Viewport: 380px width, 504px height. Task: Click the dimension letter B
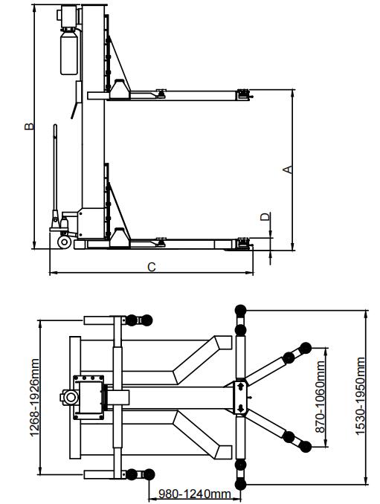(29, 126)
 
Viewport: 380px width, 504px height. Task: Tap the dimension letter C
(152, 267)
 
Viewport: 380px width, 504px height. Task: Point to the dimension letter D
(265, 217)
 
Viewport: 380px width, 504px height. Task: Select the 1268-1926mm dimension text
(34, 397)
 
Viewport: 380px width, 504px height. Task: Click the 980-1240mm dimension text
(195, 494)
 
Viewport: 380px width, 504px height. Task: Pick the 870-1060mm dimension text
(320, 397)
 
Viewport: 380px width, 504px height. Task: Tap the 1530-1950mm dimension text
(361, 396)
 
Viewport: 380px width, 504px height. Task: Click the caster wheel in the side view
(64, 242)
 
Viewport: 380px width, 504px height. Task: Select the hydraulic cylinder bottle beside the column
(69, 51)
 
